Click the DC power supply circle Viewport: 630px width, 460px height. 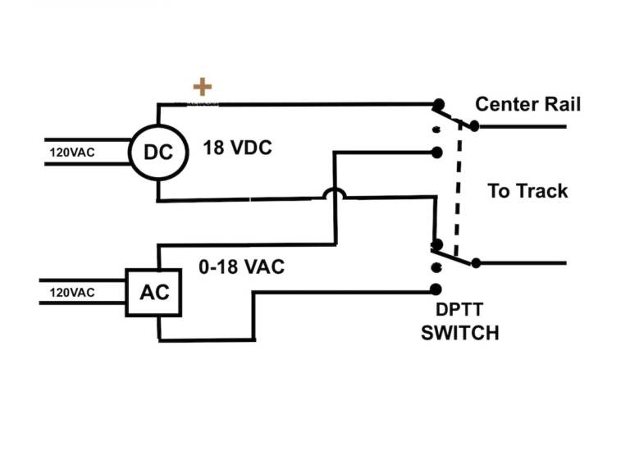click(158, 153)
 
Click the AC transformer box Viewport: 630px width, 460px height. click(153, 293)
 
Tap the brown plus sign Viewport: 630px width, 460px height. click(202, 86)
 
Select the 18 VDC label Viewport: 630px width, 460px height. click(237, 149)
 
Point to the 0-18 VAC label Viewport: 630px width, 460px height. click(241, 267)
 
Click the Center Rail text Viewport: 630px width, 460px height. click(528, 104)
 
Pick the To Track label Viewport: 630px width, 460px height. click(527, 191)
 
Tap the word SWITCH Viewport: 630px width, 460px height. click(459, 333)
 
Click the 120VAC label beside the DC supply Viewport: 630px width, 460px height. click(72, 152)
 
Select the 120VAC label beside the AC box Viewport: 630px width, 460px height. click(72, 292)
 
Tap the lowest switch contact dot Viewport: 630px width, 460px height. click(436, 289)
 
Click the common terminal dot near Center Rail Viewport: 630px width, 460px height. click(474, 126)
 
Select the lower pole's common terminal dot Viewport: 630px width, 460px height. click(475, 263)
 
